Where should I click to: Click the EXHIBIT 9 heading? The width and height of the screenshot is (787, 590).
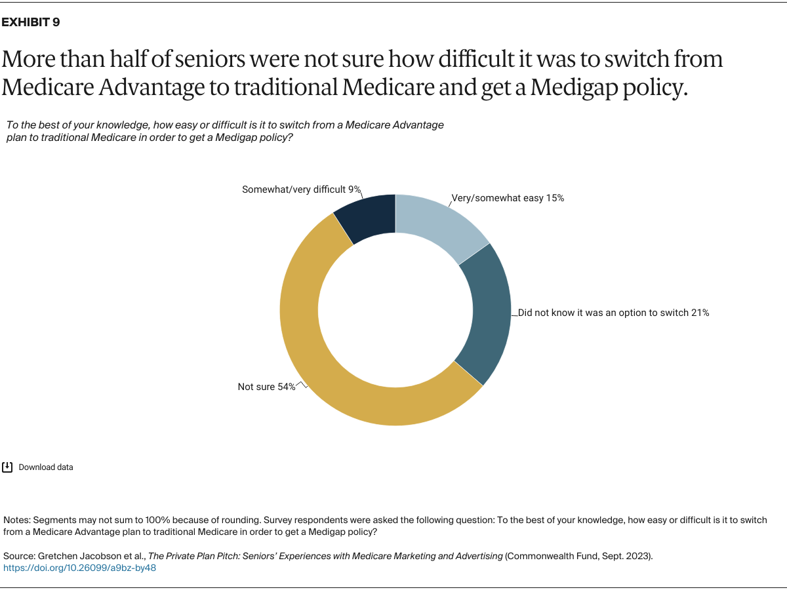pos(31,22)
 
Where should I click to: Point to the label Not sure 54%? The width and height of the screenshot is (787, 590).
pos(266,387)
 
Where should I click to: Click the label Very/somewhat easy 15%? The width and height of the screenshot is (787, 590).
pos(508,197)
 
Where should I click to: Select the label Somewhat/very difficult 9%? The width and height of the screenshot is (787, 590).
pos(301,189)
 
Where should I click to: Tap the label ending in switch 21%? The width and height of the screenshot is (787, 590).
pos(613,313)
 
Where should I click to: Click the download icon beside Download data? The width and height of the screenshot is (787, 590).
pos(7,467)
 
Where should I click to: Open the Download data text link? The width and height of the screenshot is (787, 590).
pos(46,467)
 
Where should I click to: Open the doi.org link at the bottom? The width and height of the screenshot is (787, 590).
pos(80,568)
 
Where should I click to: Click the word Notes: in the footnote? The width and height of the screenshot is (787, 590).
pos(16,520)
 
